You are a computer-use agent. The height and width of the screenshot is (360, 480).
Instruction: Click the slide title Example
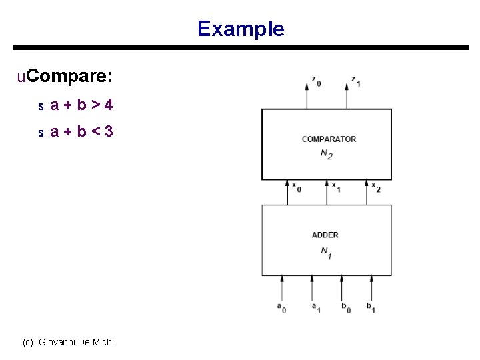pyautogui.click(x=241, y=29)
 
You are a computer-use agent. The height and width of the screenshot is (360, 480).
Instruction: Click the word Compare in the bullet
pyautogui.click(x=70, y=77)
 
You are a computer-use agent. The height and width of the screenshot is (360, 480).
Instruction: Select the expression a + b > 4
pyautogui.click(x=81, y=105)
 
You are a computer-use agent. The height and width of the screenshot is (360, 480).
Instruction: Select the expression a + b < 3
pyautogui.click(x=81, y=131)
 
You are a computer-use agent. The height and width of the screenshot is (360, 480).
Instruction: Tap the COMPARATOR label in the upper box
pyautogui.click(x=329, y=139)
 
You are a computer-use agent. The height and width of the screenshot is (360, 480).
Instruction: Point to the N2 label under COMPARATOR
pyautogui.click(x=327, y=153)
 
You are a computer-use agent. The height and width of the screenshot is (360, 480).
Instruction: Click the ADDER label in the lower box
pyautogui.click(x=325, y=235)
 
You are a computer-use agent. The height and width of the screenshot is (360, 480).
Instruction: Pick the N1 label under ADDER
pyautogui.click(x=326, y=252)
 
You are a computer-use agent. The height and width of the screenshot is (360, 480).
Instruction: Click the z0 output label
pyautogui.click(x=316, y=82)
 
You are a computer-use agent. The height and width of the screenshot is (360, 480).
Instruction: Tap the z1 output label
pyautogui.click(x=356, y=82)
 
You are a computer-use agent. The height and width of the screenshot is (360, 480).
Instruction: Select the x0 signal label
pyautogui.click(x=296, y=187)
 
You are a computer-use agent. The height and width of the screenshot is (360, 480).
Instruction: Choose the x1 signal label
pyautogui.click(x=336, y=187)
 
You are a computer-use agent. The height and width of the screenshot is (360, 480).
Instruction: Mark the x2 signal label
pyautogui.click(x=376, y=187)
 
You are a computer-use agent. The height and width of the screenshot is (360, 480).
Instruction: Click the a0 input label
pyautogui.click(x=281, y=307)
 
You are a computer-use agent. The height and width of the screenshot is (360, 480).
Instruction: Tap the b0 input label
pyautogui.click(x=345, y=307)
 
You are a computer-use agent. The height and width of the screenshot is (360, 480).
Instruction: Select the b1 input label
pyautogui.click(x=370, y=307)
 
